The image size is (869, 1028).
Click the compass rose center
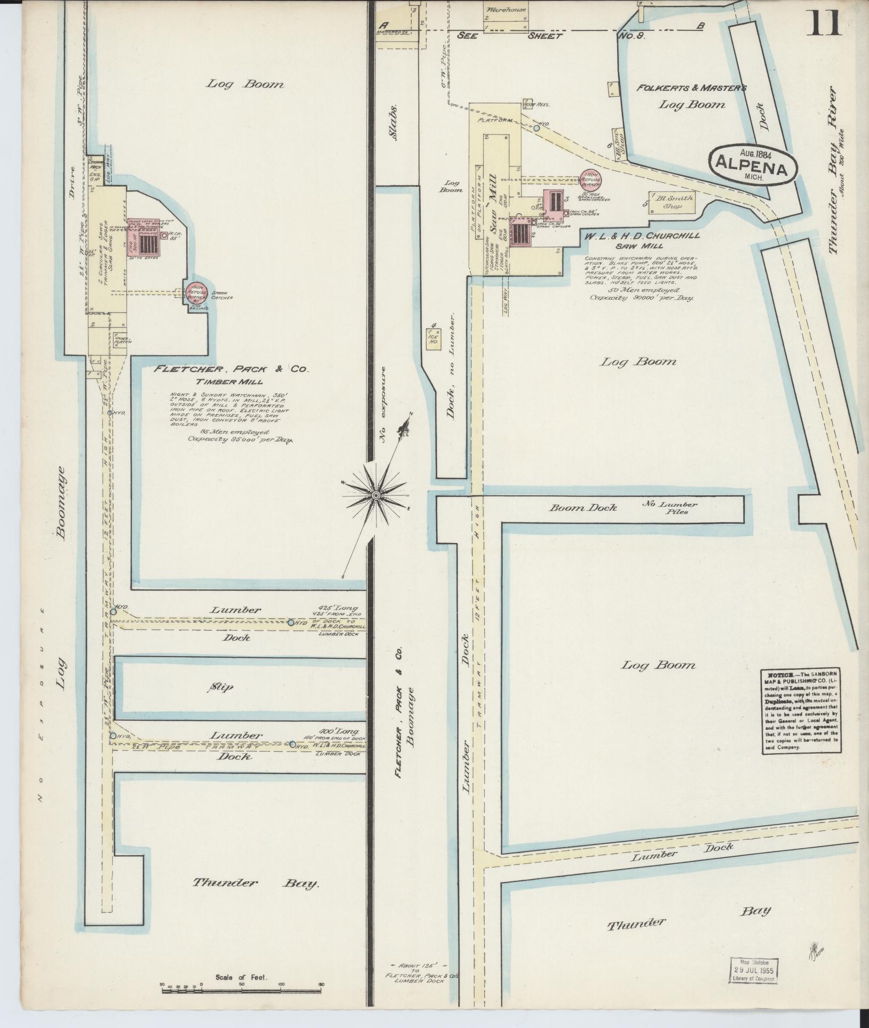(x=375, y=496)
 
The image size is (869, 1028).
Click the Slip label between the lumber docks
(x=221, y=688)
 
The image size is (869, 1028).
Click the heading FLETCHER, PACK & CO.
(x=231, y=369)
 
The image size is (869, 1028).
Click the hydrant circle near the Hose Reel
(x=537, y=128)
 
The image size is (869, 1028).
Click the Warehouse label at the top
(x=505, y=10)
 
